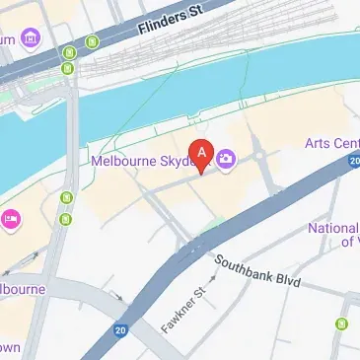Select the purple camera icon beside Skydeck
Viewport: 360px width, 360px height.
(226, 158)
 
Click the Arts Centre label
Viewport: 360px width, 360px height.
(333, 144)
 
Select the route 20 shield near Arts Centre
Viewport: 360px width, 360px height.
(353, 160)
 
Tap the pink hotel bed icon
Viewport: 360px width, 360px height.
(10, 218)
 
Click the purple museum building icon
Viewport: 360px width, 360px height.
(30, 38)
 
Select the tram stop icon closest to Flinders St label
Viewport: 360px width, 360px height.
(92, 42)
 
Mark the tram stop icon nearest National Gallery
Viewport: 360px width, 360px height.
(341, 324)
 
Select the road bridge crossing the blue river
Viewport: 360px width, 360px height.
(71, 138)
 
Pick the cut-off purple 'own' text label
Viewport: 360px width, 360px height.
(9, 347)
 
